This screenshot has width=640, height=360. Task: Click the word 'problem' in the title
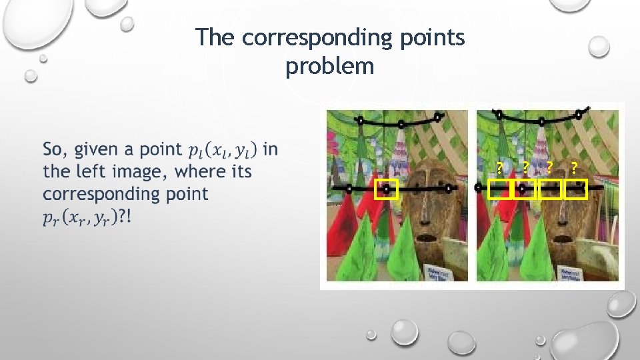tap(330, 67)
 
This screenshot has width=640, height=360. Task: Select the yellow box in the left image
tap(385, 190)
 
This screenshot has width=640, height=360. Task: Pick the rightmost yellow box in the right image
tap(575, 190)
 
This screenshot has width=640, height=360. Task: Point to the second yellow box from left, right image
tap(524, 190)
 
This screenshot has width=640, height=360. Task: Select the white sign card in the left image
tap(437, 273)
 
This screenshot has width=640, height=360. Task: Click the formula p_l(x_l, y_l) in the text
tap(223, 150)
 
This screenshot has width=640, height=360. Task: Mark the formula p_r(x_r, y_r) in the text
tap(81, 217)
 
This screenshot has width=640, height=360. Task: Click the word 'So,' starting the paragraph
tap(56, 149)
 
